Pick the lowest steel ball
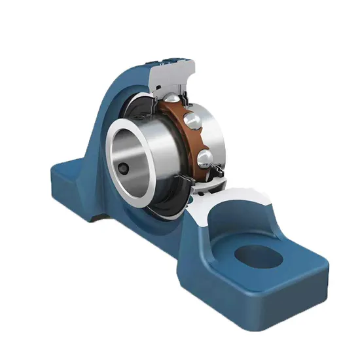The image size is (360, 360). click(x=204, y=158)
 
